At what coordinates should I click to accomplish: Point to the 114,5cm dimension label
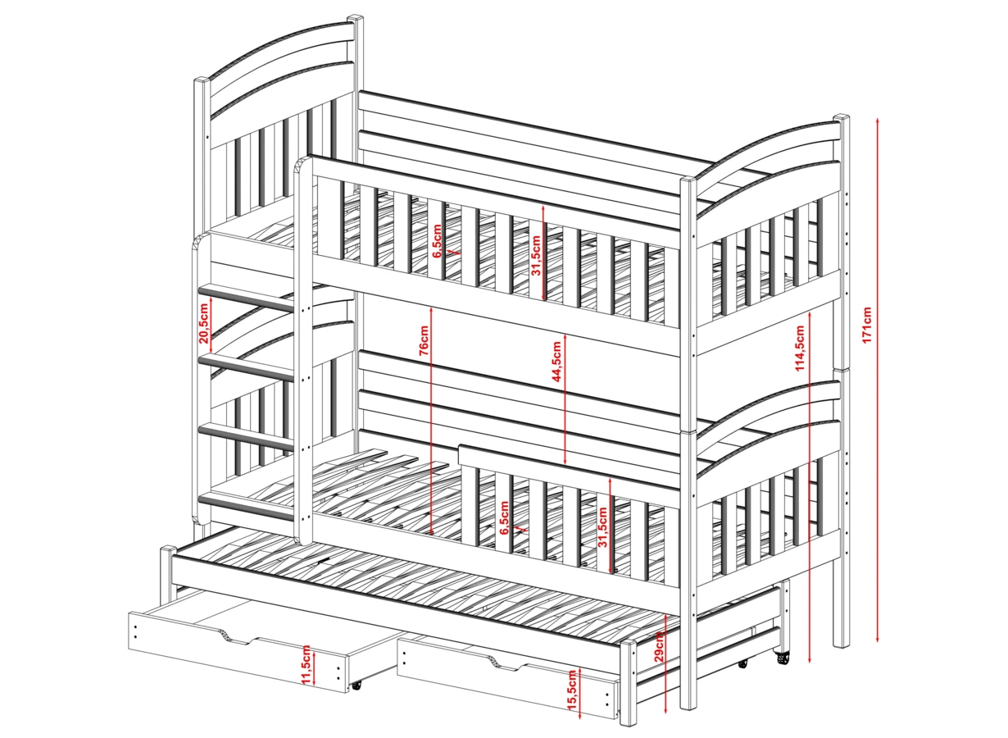(800, 348)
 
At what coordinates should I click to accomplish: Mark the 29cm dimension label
(660, 649)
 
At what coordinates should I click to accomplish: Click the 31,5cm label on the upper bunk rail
(536, 256)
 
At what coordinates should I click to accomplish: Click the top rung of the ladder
(246, 296)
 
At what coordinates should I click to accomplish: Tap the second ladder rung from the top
(245, 366)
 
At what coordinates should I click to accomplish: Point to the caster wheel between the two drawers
(356, 684)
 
